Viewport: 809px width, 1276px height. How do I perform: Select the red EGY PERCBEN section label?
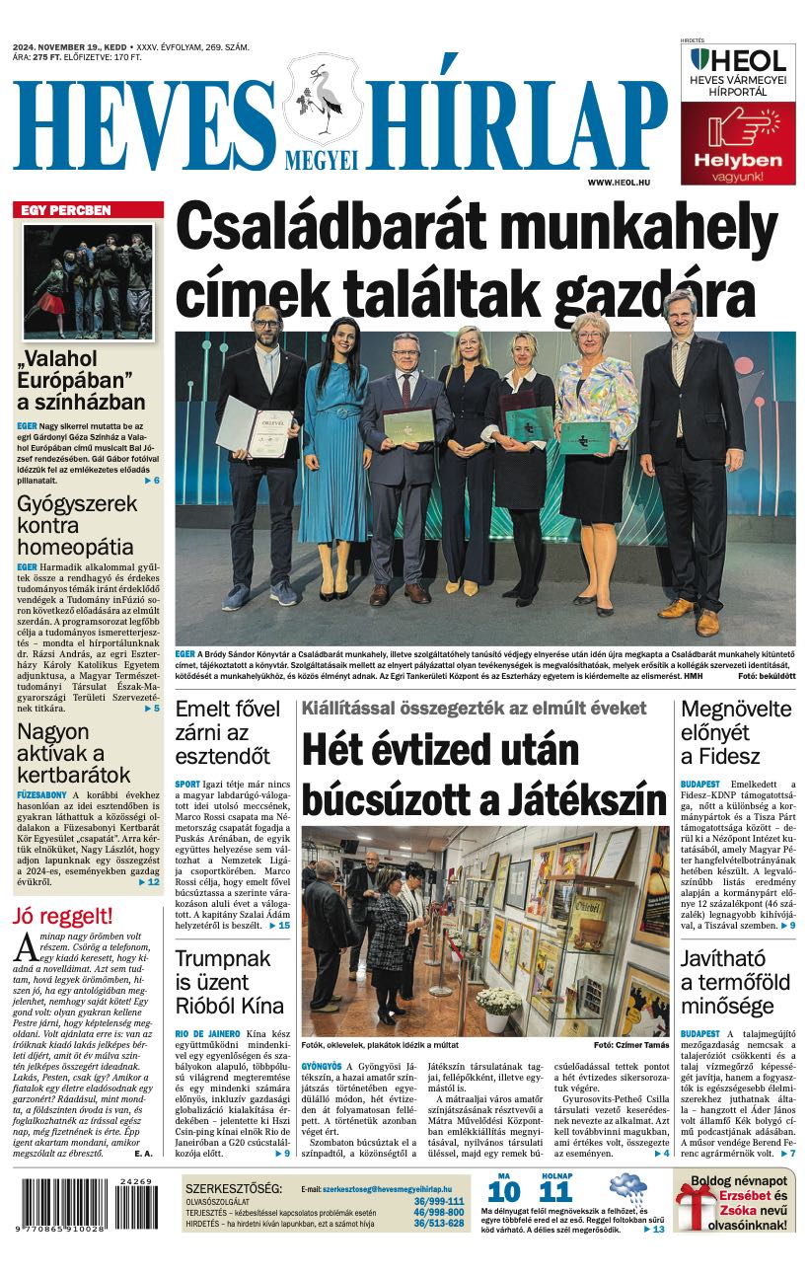(x=88, y=210)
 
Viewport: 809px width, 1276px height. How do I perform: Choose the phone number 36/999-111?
(x=438, y=1201)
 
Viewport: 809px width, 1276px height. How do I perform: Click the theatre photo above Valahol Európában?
(x=88, y=282)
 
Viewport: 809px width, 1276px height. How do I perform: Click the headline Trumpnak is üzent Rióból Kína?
(x=229, y=982)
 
